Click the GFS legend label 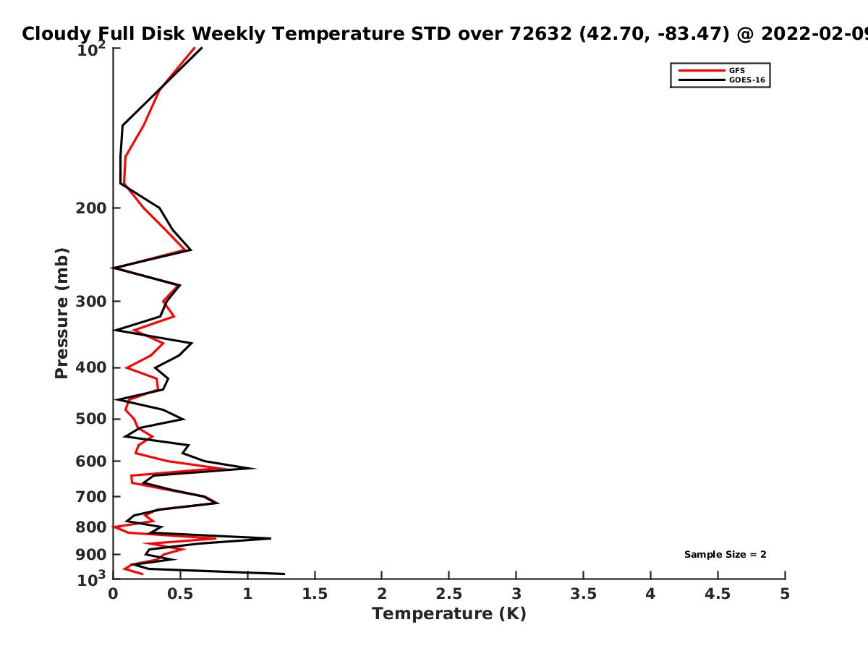coord(736,71)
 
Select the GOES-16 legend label coord(747,80)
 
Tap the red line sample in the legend coord(702,71)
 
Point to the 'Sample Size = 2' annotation coord(726,555)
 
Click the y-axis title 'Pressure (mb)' coord(61,313)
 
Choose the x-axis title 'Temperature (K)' coord(449,614)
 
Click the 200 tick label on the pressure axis coord(91,208)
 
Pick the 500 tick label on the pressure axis coord(91,419)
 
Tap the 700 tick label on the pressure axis coord(91,496)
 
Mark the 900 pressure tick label coord(91,555)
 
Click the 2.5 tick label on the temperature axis coord(449,594)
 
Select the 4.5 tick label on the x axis coord(718,594)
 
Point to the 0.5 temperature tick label coord(180,594)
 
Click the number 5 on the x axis coord(785,594)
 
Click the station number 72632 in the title coord(540,34)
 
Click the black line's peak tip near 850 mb coord(271,538)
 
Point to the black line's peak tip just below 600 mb coord(255,469)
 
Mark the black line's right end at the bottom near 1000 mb coord(284,574)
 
